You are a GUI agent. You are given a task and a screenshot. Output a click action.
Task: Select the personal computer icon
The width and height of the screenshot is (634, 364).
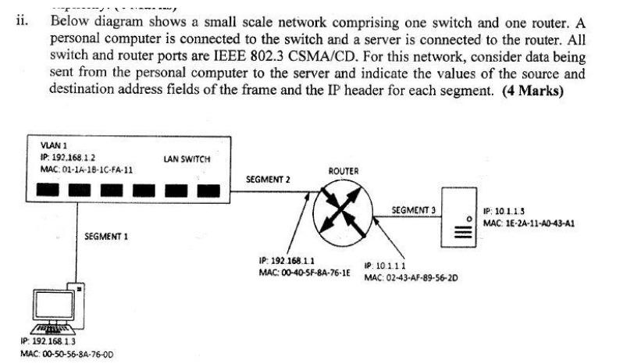[x=58, y=309]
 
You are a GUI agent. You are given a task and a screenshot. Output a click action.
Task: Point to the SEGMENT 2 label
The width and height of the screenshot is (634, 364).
[x=268, y=179]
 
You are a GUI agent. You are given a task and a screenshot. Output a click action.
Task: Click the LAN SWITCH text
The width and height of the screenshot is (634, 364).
[x=187, y=159]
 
